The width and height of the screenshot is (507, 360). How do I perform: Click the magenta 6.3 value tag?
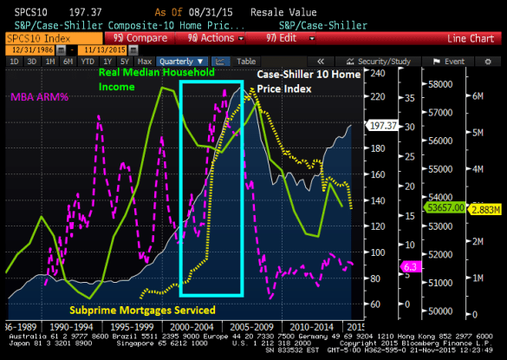click(x=408, y=265)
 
